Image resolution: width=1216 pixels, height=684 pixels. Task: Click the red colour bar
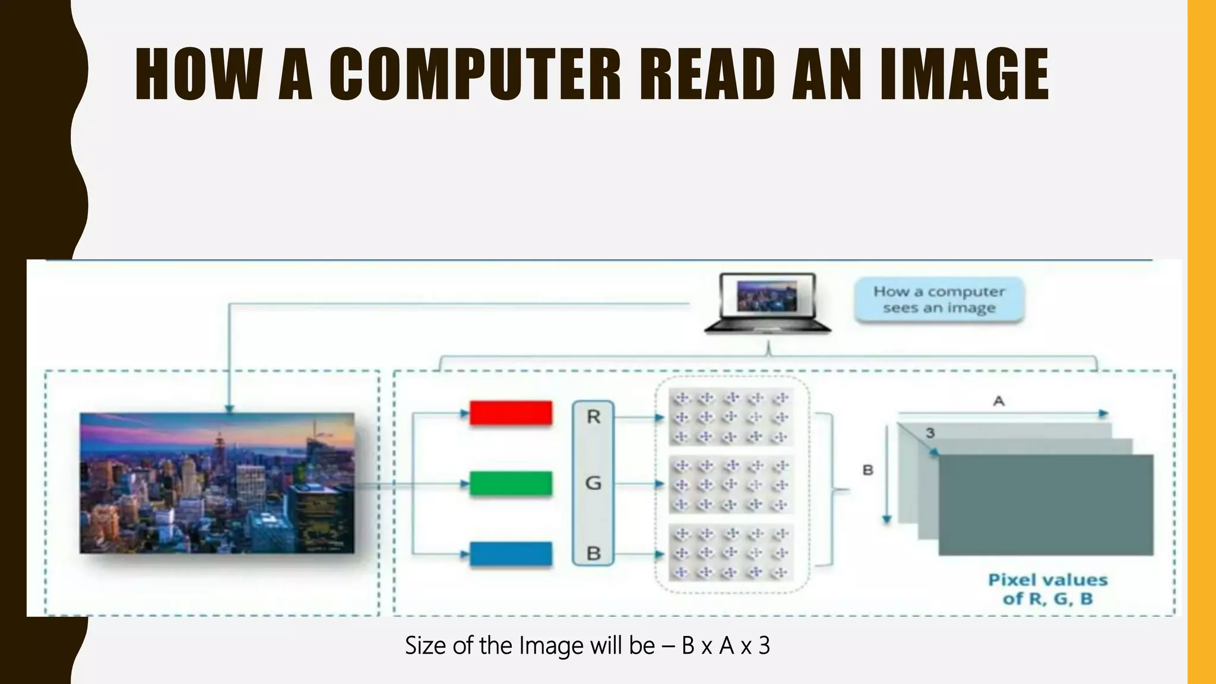(511, 413)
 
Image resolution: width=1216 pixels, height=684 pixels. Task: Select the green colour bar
(511, 483)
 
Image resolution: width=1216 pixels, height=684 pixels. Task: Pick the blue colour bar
(511, 554)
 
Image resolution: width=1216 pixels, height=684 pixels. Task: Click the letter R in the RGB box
(593, 417)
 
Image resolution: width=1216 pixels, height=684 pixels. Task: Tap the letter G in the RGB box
(593, 483)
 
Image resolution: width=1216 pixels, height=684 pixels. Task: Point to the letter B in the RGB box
(593, 553)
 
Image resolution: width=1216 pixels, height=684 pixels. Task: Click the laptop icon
(767, 303)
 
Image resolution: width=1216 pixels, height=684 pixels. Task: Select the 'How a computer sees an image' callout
(939, 300)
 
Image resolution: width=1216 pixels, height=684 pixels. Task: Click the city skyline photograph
(217, 483)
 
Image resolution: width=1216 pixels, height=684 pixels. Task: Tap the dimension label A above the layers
(999, 401)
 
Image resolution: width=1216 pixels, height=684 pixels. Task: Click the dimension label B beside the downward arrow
(867, 470)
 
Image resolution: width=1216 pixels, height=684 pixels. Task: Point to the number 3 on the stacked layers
(930, 433)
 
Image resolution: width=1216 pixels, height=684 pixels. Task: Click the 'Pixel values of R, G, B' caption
(1047, 589)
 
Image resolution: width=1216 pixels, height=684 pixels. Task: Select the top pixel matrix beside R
(731, 417)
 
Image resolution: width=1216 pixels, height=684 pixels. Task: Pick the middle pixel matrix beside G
(731, 484)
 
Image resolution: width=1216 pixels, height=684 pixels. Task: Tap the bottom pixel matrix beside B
(731, 553)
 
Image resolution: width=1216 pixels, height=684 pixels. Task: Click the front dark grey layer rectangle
(1046, 505)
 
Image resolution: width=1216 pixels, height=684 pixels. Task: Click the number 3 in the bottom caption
(764, 645)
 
